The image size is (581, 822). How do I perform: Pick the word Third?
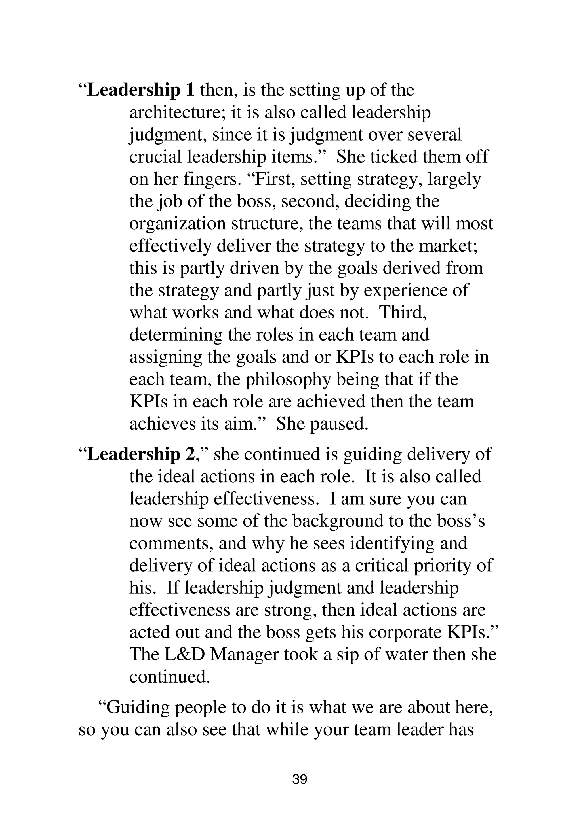403,313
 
